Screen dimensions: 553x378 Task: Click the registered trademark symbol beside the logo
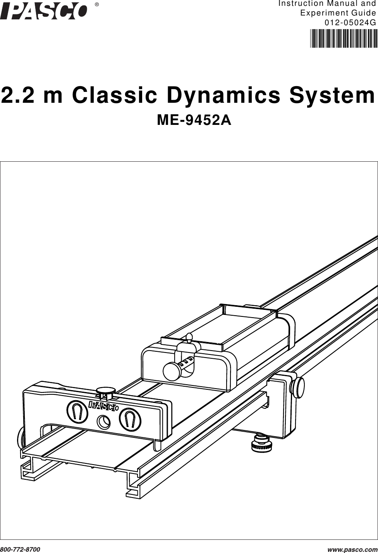97,5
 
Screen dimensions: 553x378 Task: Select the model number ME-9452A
194,121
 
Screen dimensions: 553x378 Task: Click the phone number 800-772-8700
20,550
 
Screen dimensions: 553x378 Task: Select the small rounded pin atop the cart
189,337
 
